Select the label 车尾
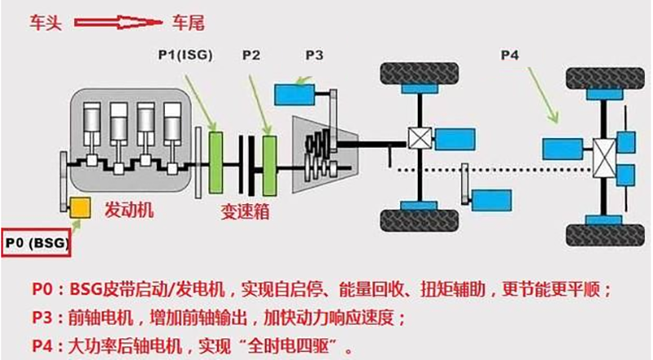(193, 22)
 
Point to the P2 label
(251, 55)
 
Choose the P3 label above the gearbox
(315, 55)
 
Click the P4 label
(509, 55)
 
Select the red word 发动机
(130, 211)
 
